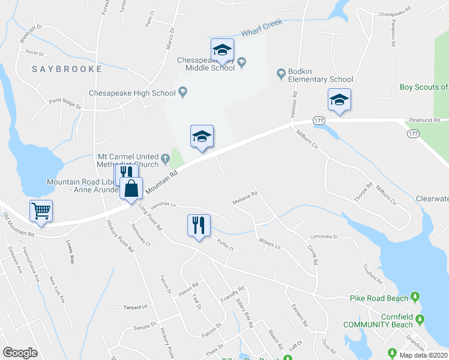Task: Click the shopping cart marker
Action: (x=41, y=211)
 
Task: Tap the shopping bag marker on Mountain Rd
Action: (x=131, y=188)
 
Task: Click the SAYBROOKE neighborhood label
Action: (x=67, y=69)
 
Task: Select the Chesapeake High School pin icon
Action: (x=184, y=92)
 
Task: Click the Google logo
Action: (x=20, y=353)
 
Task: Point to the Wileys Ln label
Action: (x=270, y=244)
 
